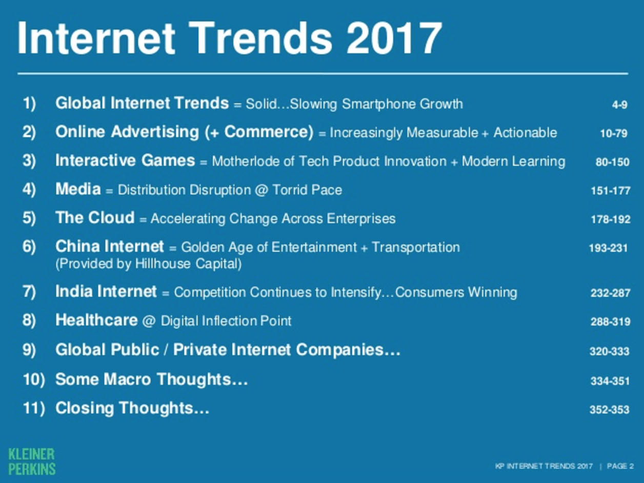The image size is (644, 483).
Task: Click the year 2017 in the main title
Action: [x=394, y=38]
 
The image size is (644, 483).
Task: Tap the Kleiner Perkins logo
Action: [x=32, y=461]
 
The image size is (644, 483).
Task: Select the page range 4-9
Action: [x=620, y=105]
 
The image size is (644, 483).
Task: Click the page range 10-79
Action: [x=614, y=133]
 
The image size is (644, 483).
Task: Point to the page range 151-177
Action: [x=611, y=191]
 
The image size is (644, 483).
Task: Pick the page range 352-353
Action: [x=609, y=409]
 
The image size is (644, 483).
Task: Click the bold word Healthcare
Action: [x=96, y=320]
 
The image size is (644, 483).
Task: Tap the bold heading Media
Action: [x=78, y=189]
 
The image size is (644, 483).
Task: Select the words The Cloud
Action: [x=95, y=217]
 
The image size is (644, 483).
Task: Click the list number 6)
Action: [x=29, y=246]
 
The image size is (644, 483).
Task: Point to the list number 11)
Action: [x=34, y=408]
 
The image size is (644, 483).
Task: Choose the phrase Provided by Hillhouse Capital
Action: [x=149, y=264]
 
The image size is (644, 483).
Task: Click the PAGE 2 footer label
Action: [x=620, y=466]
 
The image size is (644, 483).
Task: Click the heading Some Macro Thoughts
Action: [x=152, y=379]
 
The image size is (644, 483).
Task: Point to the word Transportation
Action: [x=416, y=247]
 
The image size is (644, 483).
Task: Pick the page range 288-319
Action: [x=611, y=321]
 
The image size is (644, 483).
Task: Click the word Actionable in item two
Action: [x=525, y=133]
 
